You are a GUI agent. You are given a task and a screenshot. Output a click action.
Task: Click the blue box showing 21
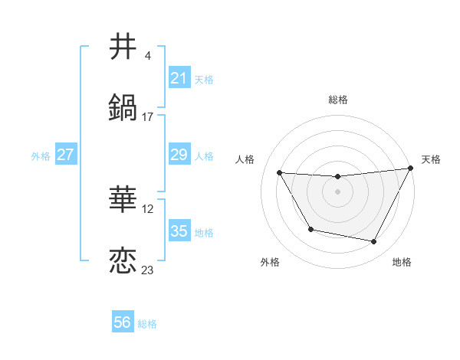click(x=179, y=78)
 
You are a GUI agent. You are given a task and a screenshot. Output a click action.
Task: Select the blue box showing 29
click(x=179, y=155)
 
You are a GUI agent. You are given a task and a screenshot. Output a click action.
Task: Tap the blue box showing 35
click(x=179, y=231)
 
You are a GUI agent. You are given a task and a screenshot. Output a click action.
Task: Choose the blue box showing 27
click(x=66, y=155)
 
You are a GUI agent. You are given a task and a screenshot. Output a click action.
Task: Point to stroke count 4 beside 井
click(x=147, y=56)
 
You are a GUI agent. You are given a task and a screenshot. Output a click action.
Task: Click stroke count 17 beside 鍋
click(x=148, y=117)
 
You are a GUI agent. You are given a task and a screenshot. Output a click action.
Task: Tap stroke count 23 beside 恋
click(x=148, y=270)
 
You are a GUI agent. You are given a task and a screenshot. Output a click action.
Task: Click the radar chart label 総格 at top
click(x=338, y=100)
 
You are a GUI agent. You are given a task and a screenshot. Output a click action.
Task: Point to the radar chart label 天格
click(x=431, y=159)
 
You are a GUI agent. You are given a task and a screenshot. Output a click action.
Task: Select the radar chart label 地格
click(x=402, y=262)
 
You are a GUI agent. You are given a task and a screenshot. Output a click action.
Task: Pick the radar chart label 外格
click(x=270, y=262)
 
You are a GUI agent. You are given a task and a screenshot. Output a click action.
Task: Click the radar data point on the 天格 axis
click(x=412, y=169)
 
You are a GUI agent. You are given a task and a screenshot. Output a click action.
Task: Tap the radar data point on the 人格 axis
click(x=280, y=173)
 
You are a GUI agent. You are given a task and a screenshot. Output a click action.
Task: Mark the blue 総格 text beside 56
click(x=147, y=324)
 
